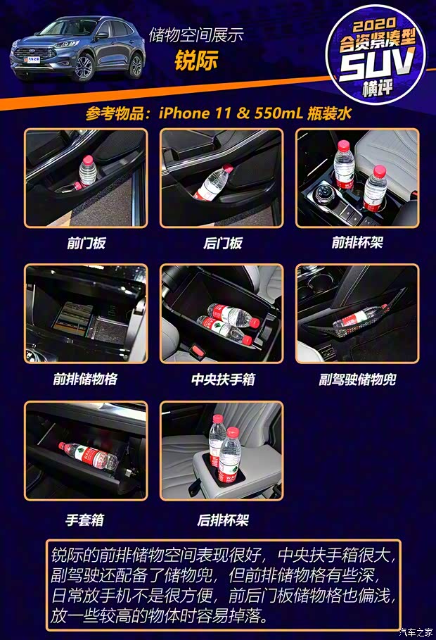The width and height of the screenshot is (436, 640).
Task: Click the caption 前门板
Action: click(x=86, y=244)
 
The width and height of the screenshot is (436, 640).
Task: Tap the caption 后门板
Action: click(x=222, y=244)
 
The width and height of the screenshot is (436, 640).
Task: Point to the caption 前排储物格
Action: click(x=85, y=379)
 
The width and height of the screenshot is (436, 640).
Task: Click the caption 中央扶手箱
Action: click(x=222, y=379)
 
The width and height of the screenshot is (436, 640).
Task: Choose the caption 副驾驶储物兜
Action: click(x=357, y=379)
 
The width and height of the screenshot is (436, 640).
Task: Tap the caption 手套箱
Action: click(x=85, y=520)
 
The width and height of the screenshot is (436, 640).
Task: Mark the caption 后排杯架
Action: click(x=222, y=520)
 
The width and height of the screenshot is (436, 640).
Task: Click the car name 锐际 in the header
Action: click(x=196, y=61)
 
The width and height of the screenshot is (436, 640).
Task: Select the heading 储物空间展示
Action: click(x=196, y=34)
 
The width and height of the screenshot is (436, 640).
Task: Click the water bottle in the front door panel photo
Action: click(x=87, y=170)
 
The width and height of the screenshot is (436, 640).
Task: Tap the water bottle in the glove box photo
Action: click(x=88, y=456)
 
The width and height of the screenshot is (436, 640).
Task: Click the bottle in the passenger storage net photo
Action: click(x=359, y=318)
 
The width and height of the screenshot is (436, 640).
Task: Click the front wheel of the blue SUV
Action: click(x=84, y=67)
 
